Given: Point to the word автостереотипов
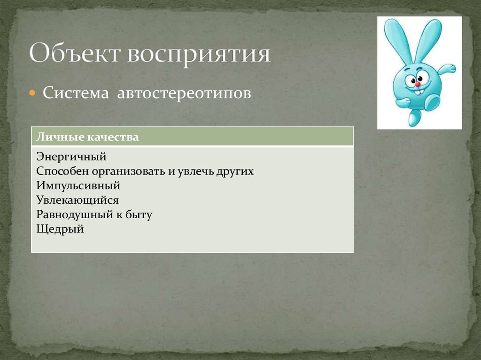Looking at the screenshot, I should (x=184, y=93).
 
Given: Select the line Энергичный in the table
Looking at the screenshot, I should (x=71, y=157).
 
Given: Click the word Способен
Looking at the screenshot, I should (x=59, y=171).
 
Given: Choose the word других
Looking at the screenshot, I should (x=235, y=171).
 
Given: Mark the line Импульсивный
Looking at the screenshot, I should (x=78, y=186).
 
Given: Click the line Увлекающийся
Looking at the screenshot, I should (x=77, y=200).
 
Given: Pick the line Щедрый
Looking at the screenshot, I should (x=60, y=230).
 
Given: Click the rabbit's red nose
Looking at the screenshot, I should (x=417, y=84).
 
